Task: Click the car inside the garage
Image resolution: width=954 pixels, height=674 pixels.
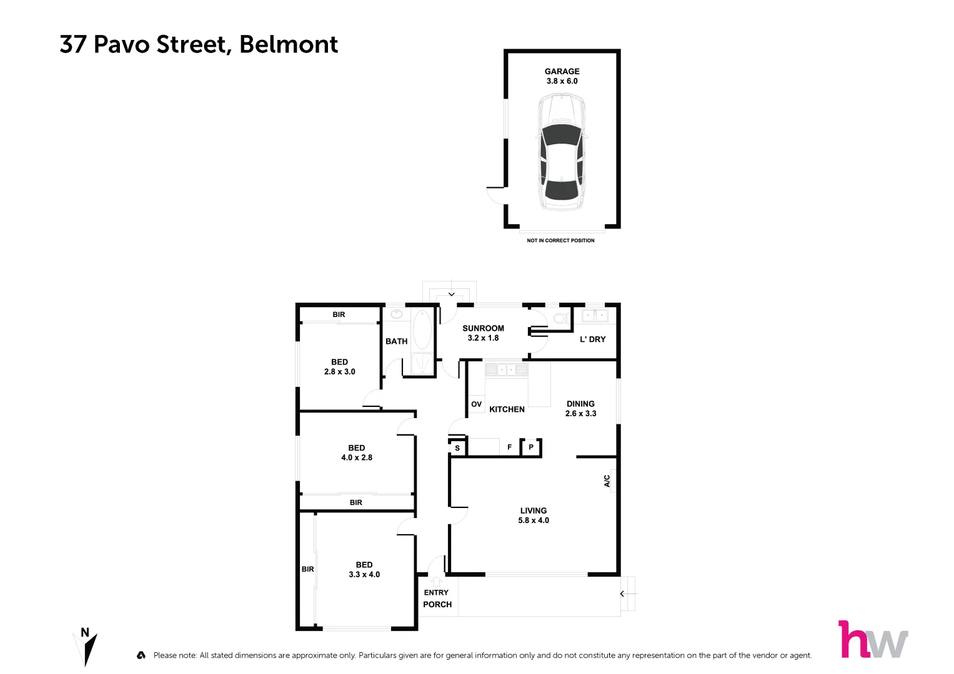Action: [562, 153]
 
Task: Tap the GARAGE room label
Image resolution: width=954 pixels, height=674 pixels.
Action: [562, 72]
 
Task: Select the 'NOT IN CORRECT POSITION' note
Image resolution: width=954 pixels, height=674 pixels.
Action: [560, 240]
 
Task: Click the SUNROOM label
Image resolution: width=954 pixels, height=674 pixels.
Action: [483, 328]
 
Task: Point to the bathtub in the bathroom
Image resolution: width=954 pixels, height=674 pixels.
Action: [422, 330]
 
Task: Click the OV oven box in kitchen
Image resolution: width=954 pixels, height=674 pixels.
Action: [476, 404]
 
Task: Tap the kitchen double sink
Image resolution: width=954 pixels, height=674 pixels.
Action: [507, 370]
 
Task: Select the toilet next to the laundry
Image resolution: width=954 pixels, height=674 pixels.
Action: [560, 318]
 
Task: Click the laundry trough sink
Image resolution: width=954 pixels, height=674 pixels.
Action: [594, 316]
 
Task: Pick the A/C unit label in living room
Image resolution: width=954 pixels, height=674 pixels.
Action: [607, 481]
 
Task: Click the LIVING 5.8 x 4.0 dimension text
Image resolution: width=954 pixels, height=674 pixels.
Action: [534, 520]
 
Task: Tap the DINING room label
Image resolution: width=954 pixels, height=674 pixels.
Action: [580, 404]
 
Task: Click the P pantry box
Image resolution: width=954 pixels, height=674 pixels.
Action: [531, 447]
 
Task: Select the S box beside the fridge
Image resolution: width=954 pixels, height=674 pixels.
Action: [457, 448]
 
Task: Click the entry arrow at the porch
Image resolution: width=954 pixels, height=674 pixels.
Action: [436, 582]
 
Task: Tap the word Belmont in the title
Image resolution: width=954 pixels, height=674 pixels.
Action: [289, 44]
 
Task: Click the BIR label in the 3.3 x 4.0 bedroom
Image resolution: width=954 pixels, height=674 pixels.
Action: [307, 569]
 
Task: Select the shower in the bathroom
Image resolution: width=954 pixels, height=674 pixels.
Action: [423, 364]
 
